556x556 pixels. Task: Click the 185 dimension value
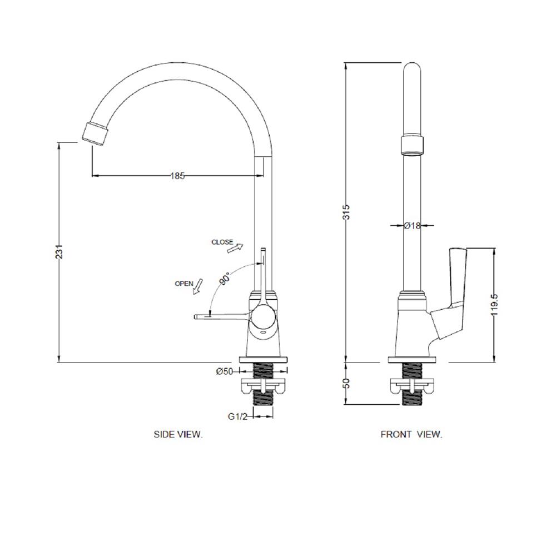(x=178, y=176)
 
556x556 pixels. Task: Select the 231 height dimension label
(x=59, y=251)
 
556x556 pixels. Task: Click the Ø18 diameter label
(x=412, y=226)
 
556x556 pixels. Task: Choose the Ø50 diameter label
(x=225, y=371)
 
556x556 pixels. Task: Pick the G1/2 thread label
(x=237, y=416)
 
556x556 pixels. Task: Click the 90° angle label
(x=225, y=279)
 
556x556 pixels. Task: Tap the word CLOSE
(x=222, y=242)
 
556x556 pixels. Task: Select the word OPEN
(x=184, y=284)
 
